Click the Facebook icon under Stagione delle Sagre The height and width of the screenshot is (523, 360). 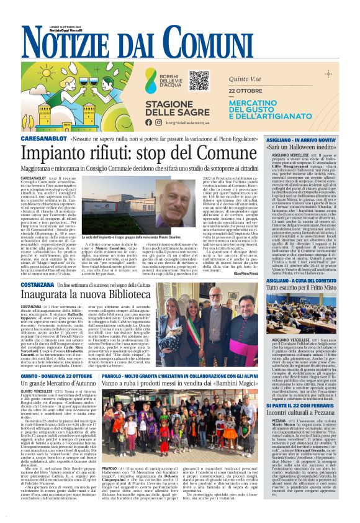click(x=148, y=122)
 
